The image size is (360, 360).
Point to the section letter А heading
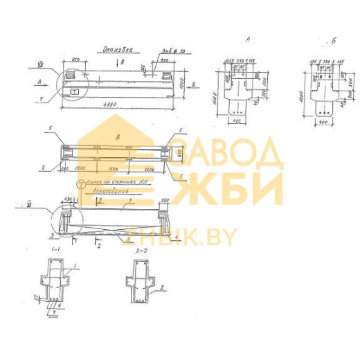pos(246,41)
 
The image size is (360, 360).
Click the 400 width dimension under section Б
pos(323,122)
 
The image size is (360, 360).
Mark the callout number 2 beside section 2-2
pos(161,287)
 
